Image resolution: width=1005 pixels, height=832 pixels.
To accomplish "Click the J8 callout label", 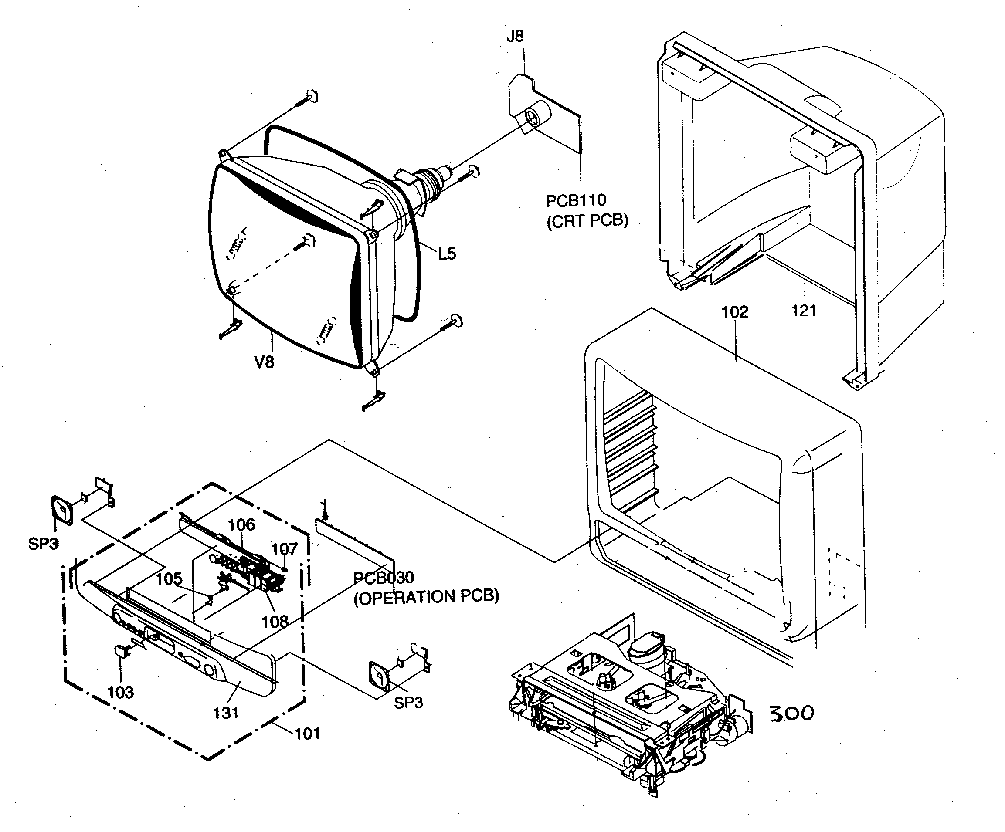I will point(515,36).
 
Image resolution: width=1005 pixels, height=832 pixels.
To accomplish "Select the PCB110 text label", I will point(576,200).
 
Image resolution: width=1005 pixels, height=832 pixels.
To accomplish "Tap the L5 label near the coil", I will point(447,254).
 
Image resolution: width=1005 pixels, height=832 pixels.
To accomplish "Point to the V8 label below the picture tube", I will point(264,362).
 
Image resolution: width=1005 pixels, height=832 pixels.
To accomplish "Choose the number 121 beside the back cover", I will point(804,311).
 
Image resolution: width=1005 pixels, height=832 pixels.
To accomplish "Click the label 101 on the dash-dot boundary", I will point(307,734).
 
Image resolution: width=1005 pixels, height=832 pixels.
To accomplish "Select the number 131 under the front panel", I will point(225,713).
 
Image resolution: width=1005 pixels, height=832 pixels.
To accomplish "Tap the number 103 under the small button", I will point(120,692).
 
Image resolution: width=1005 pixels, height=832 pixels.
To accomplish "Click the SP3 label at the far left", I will point(43,544).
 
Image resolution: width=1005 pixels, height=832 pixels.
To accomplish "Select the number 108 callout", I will point(275,622).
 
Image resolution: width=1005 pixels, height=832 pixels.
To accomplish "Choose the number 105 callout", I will point(169,579).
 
